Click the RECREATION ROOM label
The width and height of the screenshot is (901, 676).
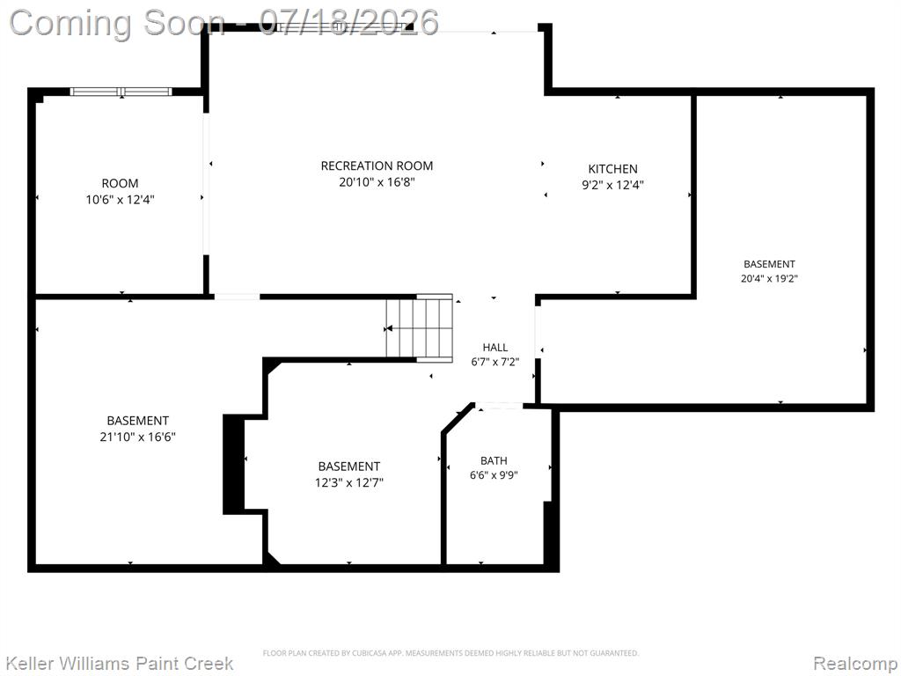(x=377, y=166)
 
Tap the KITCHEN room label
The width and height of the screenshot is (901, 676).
(x=612, y=169)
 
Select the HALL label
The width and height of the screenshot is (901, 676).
(x=494, y=347)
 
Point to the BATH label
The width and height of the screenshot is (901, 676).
(x=494, y=460)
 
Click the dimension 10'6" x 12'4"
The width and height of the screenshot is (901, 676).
(x=120, y=200)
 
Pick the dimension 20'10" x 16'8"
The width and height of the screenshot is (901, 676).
(x=377, y=182)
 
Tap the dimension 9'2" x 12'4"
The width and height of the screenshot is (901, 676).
(x=612, y=185)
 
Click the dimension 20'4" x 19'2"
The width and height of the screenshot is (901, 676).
(x=769, y=279)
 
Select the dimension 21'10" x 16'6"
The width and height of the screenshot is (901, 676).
(x=138, y=437)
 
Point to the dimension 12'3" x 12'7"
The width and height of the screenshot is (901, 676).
(x=348, y=482)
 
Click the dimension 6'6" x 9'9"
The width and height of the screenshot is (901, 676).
(x=494, y=475)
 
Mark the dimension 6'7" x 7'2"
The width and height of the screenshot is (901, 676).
(x=494, y=362)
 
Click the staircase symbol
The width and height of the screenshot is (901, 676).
(x=420, y=328)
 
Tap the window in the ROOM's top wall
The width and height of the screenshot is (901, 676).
(x=121, y=92)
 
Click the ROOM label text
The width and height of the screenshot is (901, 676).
(x=120, y=184)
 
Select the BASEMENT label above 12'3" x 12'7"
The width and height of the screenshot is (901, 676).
(x=348, y=467)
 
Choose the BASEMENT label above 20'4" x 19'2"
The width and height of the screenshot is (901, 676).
(x=769, y=264)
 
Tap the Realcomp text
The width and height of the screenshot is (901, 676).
(x=855, y=664)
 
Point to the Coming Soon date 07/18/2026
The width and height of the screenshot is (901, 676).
(x=348, y=23)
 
